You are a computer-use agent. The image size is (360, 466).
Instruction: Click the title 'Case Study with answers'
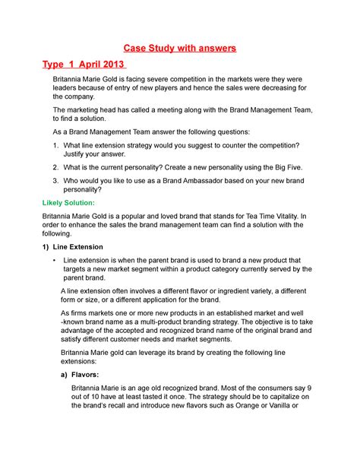(x=180, y=49)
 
